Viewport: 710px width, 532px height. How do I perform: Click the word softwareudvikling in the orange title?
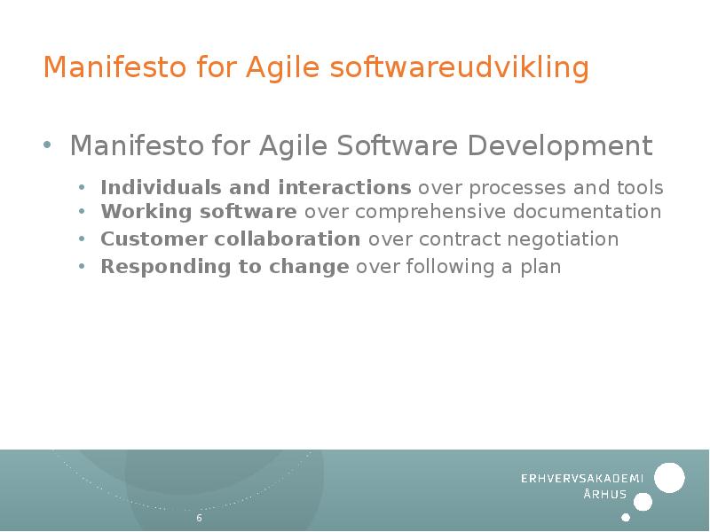click(x=459, y=68)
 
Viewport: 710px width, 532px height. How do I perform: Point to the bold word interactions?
click(x=344, y=188)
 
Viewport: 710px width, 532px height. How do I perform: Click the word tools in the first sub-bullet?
click(x=639, y=188)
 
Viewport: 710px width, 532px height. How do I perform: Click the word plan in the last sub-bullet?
click(x=542, y=268)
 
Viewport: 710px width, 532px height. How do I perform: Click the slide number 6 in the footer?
click(x=199, y=518)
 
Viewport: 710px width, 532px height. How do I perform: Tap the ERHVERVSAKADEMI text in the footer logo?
click(x=581, y=479)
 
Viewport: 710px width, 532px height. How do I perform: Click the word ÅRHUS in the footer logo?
click(x=604, y=495)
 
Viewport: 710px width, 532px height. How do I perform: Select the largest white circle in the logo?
click(x=669, y=478)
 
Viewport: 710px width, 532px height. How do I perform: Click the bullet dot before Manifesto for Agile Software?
click(x=49, y=145)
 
